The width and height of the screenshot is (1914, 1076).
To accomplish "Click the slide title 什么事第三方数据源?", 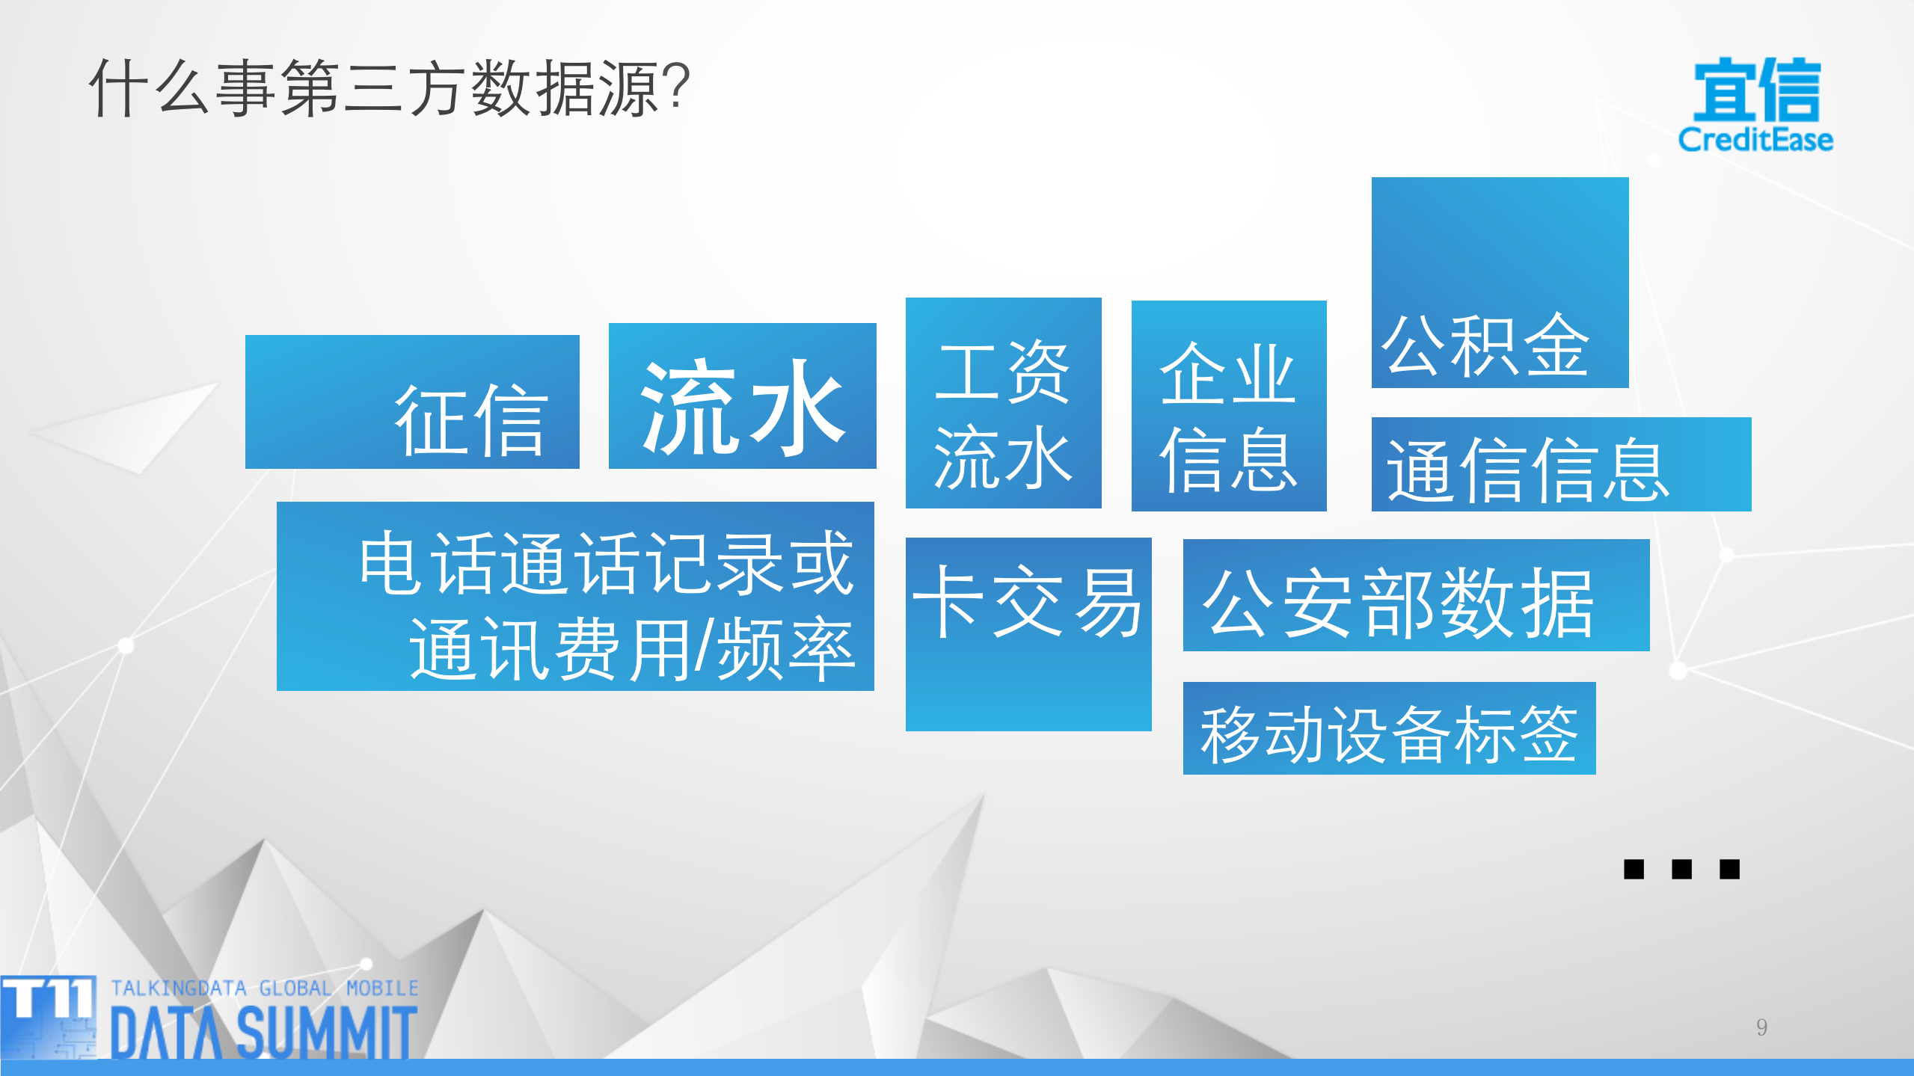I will click(389, 88).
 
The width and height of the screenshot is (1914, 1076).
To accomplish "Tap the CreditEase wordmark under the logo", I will click(1755, 140).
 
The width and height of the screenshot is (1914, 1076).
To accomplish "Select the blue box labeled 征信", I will click(412, 402).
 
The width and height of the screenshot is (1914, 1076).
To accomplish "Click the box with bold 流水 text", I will click(742, 396).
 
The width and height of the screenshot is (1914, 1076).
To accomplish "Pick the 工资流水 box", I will click(1003, 403).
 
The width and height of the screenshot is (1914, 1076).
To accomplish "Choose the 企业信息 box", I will click(1228, 406).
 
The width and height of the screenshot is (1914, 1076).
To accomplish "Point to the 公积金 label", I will click(1485, 345).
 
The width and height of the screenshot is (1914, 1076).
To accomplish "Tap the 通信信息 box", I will click(1561, 465).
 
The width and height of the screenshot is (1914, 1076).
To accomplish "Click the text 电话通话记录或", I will click(606, 563).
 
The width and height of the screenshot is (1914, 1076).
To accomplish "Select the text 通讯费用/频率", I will click(632, 648).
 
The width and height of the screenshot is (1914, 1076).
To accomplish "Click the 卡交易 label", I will click(1028, 602).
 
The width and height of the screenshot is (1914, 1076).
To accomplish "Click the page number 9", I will click(1761, 1027).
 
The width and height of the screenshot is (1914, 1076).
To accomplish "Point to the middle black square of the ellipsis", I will click(1681, 869).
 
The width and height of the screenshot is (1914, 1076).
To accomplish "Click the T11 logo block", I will click(49, 1015).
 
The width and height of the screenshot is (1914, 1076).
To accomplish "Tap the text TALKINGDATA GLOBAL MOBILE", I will click(265, 989).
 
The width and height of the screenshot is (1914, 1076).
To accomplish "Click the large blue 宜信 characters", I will click(1756, 90).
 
